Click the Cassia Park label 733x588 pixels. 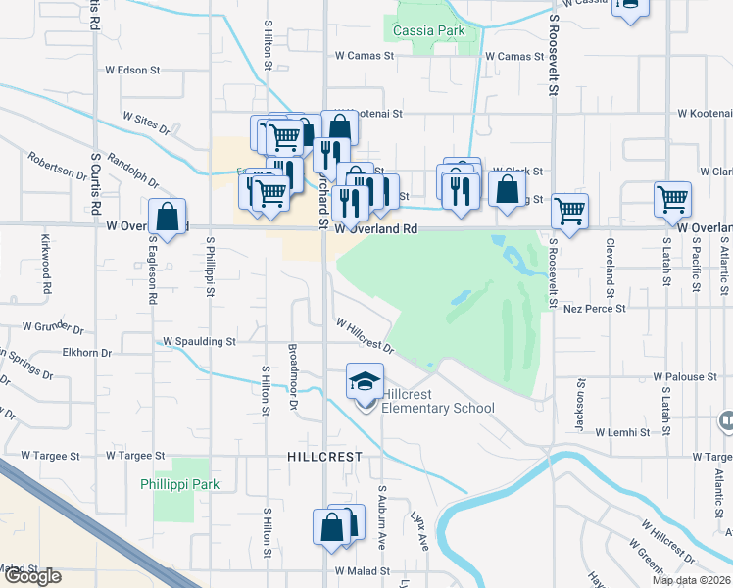coord(428,30)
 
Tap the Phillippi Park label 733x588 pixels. coord(179,484)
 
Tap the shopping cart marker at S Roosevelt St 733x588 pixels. coord(569,210)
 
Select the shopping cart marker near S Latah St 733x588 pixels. coord(673,199)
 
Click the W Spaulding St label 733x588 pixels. coord(199,342)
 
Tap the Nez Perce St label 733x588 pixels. coord(595,309)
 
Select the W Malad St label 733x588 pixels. coord(362,570)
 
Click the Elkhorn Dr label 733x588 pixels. coord(87,352)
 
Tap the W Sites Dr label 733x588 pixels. coord(147,122)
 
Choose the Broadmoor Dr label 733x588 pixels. coord(292,375)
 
